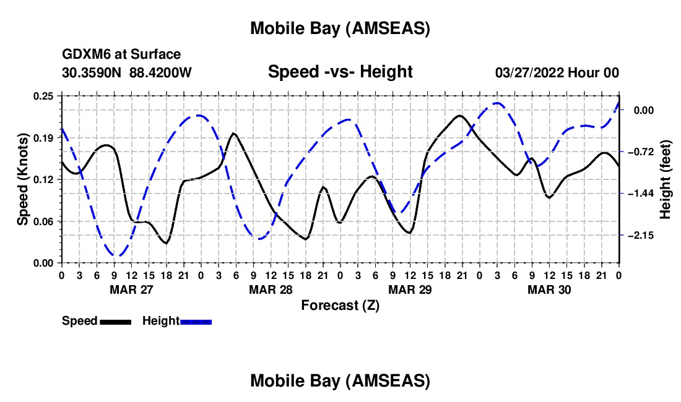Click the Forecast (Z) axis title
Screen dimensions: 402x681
(x=340, y=305)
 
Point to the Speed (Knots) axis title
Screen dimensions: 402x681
(x=23, y=179)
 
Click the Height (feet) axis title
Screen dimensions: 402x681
(x=666, y=179)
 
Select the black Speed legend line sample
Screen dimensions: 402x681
(x=115, y=322)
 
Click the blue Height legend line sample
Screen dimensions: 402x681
(x=196, y=322)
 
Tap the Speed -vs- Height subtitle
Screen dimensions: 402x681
(x=340, y=72)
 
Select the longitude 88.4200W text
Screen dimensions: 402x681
(x=160, y=73)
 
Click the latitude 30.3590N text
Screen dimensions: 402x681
(x=93, y=73)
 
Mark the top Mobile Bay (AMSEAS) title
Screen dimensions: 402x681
(x=340, y=28)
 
